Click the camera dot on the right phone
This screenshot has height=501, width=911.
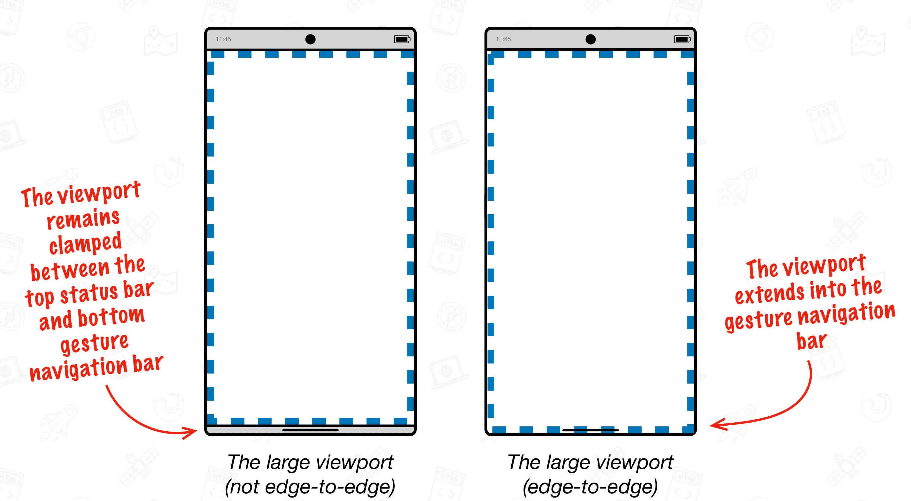590,39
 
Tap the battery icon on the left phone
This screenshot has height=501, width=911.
402,39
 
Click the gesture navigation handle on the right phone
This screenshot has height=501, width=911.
590,430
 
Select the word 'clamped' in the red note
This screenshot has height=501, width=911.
85,243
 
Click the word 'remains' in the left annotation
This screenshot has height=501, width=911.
83,219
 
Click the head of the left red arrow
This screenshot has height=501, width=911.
193,431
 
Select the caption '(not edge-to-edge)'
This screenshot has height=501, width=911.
310,487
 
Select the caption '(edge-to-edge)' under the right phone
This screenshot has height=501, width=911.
590,487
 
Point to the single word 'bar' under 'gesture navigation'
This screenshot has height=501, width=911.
811,341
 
